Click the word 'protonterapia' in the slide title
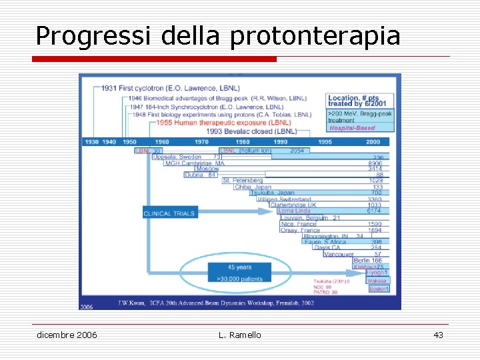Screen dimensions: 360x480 (x=315, y=36)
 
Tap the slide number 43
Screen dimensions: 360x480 (x=438, y=335)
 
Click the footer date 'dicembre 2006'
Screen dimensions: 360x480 (x=67, y=335)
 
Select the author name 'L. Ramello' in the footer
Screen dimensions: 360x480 (x=239, y=335)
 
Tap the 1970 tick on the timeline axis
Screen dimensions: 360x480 (x=201, y=142)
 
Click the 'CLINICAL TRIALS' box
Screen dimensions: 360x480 (x=169, y=213)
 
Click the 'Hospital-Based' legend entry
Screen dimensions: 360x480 (x=352, y=128)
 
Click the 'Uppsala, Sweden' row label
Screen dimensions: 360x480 (x=177, y=157)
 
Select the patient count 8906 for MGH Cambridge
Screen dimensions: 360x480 (x=375, y=163)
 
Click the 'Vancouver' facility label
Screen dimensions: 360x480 (x=339, y=254)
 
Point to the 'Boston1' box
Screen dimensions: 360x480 (x=378, y=289)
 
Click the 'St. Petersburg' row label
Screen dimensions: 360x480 (x=243, y=181)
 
